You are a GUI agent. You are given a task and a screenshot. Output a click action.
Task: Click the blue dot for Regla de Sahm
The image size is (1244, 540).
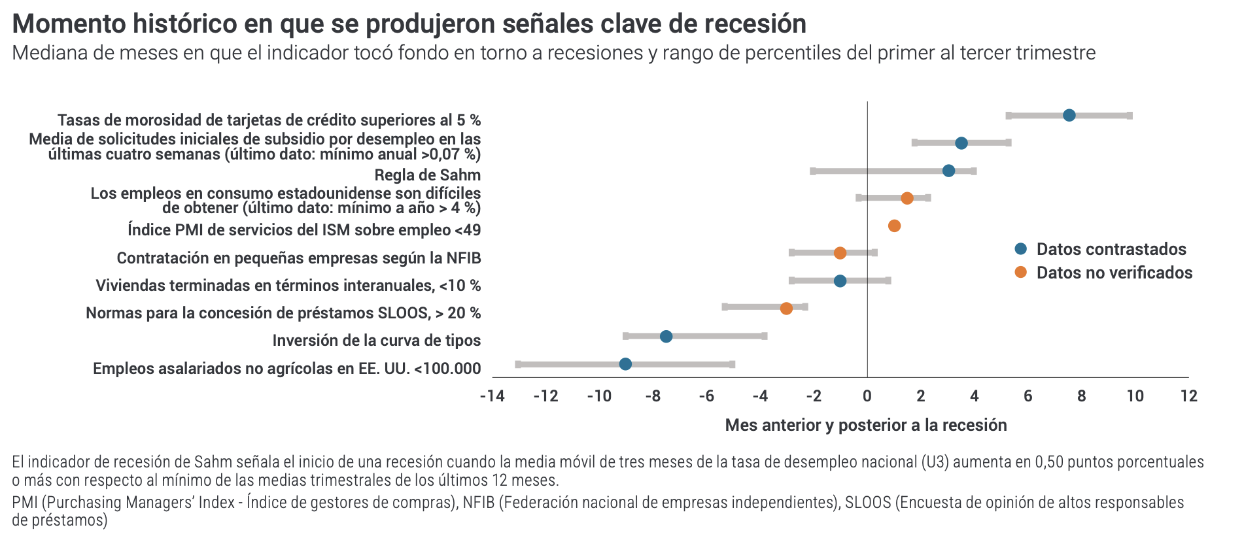pos(948,171)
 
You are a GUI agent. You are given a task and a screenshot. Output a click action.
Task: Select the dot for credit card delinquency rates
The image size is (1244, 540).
pos(1069,116)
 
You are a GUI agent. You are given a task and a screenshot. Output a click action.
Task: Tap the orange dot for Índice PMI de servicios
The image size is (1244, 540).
pos(894,226)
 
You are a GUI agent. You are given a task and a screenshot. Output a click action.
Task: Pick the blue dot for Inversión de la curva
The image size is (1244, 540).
pos(666,336)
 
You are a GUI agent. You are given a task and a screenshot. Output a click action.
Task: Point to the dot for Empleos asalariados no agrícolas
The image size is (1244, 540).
pos(625,364)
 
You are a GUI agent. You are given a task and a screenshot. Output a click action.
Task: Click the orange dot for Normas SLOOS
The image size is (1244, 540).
pos(786,309)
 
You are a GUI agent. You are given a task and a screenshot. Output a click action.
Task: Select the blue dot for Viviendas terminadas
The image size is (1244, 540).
pos(840,281)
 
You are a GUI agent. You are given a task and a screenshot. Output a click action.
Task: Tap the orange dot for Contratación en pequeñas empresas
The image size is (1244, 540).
pos(840,253)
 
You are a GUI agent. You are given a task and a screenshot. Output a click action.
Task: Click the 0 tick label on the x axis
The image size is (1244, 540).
pos(867,396)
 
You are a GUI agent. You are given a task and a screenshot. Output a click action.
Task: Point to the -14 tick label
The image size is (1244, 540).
pos(492,396)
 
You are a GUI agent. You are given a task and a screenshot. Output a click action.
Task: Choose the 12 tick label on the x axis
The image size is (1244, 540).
pos(1189,396)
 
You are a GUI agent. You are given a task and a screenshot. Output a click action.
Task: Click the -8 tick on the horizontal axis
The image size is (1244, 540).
pos(653,396)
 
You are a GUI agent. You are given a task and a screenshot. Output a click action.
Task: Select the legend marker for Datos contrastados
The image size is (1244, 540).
pos(1021,249)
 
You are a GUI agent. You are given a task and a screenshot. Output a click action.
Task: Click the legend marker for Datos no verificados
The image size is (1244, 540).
pos(1021,273)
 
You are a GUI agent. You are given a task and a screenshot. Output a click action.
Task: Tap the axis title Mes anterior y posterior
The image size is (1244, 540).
pos(866,426)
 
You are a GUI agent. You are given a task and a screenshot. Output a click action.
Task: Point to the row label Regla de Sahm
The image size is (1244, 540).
pos(428,175)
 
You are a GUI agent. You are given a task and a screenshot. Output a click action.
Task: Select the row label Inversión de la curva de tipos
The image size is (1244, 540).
pos(377,341)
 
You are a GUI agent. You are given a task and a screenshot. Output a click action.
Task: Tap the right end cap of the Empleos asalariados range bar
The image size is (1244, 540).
pos(732,364)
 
